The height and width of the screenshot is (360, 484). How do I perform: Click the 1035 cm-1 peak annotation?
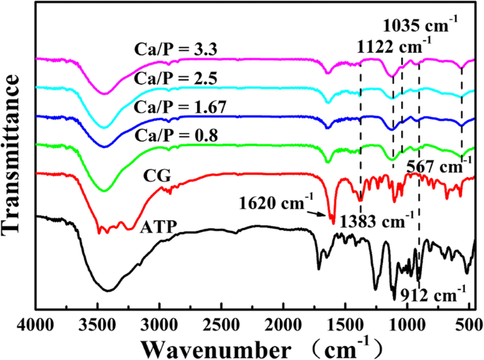pyautogui.click(x=422, y=28)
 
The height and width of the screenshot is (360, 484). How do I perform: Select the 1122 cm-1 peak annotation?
pyautogui.click(x=396, y=47)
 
